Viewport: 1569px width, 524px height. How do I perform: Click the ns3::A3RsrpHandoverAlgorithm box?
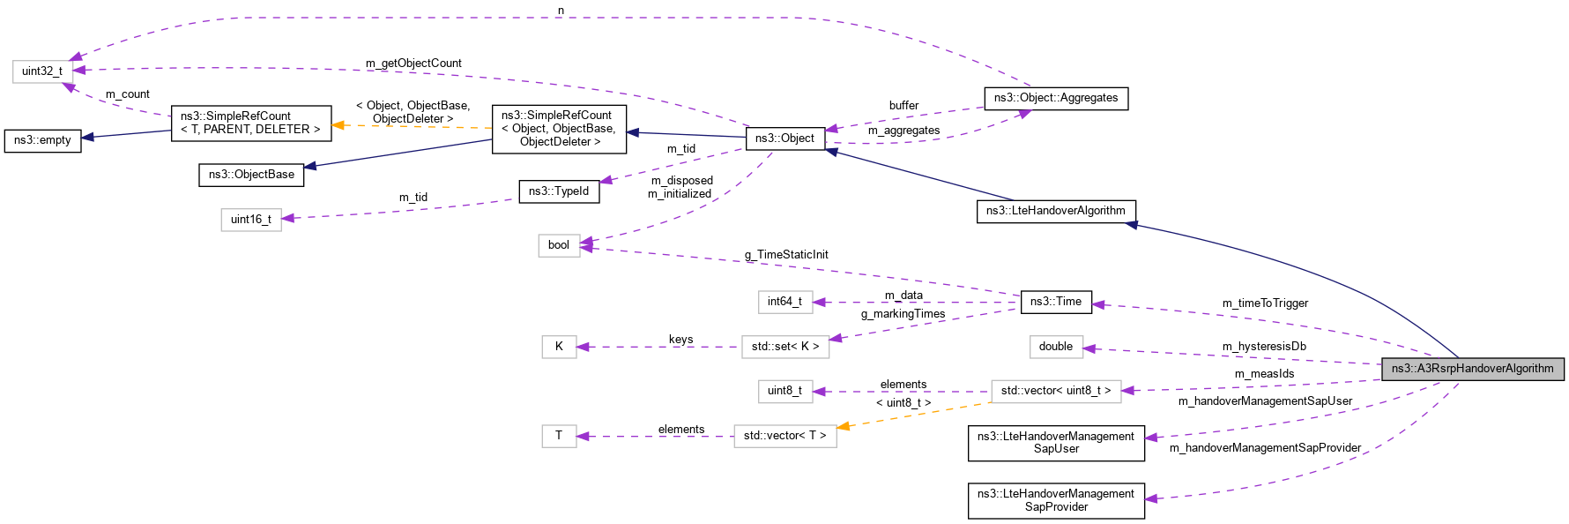(1472, 369)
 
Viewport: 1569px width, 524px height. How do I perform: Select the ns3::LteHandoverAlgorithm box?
(1055, 211)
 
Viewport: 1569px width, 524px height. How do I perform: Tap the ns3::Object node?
(784, 138)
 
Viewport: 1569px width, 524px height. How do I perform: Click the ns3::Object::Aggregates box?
(1055, 98)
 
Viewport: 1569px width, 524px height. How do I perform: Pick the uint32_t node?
(41, 71)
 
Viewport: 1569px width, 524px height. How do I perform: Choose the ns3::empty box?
(42, 140)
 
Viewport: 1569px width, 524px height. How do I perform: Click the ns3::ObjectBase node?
(251, 175)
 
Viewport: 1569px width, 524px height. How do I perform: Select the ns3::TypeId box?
(558, 191)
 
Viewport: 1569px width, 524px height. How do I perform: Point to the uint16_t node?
(250, 220)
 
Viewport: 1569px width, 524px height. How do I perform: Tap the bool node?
(558, 245)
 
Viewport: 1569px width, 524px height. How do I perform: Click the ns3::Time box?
(1055, 302)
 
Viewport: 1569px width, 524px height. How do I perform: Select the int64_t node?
(784, 302)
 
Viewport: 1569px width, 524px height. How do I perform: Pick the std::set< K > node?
(784, 347)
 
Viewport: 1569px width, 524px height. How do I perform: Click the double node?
(1055, 347)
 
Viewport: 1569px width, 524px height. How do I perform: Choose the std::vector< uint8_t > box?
(1055, 391)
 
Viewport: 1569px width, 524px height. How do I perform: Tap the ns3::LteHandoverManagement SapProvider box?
(1055, 500)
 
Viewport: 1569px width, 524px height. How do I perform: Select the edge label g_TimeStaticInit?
(785, 255)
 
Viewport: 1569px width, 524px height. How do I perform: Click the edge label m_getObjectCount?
(413, 64)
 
